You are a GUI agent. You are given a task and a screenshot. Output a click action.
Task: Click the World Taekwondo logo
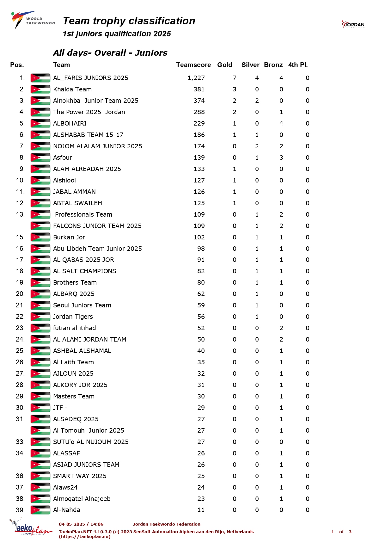(x=33, y=20)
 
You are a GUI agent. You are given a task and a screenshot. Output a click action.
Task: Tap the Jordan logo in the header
(x=353, y=24)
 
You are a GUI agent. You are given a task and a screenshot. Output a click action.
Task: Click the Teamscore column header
(x=193, y=65)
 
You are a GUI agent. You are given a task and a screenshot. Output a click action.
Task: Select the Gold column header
(x=224, y=65)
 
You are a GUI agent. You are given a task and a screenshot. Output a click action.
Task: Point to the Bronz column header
(x=273, y=65)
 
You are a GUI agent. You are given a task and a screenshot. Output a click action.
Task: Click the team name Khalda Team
(x=72, y=89)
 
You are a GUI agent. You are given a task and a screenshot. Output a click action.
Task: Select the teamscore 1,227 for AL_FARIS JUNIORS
(x=196, y=78)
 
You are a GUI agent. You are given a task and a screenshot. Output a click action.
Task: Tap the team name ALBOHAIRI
(x=70, y=123)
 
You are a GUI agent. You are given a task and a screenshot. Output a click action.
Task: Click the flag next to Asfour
(x=40, y=157)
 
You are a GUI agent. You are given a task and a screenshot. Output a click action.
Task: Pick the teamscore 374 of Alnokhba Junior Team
(x=199, y=101)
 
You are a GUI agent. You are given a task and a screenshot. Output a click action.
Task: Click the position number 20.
(x=20, y=294)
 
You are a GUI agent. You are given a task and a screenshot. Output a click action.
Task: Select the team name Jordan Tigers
(x=73, y=317)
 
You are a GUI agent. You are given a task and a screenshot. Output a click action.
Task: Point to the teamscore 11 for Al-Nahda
(x=201, y=510)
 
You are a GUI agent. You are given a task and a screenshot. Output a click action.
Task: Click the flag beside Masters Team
(x=40, y=396)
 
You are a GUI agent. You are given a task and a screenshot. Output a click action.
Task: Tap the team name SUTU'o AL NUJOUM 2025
(x=91, y=442)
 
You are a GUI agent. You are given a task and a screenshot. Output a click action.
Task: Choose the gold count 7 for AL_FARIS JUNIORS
(x=235, y=78)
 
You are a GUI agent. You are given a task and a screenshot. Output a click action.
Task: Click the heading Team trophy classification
(x=129, y=21)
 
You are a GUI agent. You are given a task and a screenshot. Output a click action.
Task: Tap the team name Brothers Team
(x=75, y=282)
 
